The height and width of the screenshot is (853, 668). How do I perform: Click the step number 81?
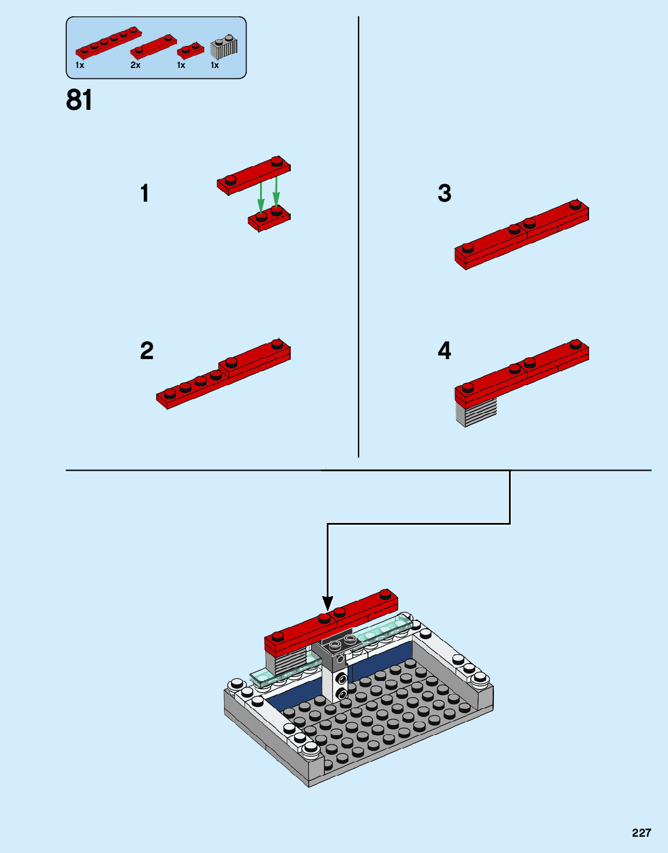click(x=79, y=100)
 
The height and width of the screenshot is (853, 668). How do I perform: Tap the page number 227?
click(x=641, y=833)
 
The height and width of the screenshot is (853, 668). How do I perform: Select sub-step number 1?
click(x=145, y=193)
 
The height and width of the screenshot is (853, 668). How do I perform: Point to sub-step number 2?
click(x=147, y=350)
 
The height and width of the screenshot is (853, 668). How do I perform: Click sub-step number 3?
click(x=445, y=193)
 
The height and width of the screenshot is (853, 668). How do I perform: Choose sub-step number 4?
click(x=445, y=350)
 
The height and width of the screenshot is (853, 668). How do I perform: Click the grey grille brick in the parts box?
click(x=224, y=48)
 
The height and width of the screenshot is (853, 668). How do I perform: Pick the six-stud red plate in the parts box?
click(x=109, y=42)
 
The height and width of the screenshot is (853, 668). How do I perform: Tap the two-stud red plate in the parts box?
click(x=190, y=50)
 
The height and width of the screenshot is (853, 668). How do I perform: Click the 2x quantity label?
click(x=136, y=65)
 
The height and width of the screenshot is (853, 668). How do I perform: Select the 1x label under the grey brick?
click(x=214, y=65)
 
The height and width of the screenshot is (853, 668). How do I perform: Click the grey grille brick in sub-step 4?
click(x=476, y=412)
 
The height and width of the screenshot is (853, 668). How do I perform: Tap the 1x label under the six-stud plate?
click(x=80, y=65)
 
